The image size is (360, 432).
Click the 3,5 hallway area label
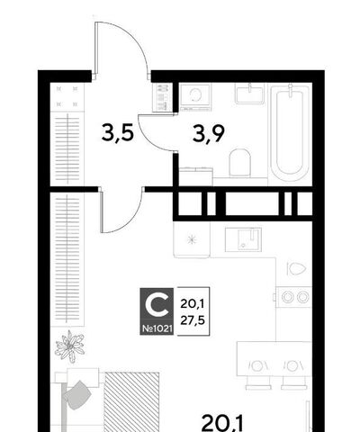(x=118, y=133)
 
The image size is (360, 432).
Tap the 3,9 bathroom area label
(x=209, y=134)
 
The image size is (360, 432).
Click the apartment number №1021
(x=157, y=329)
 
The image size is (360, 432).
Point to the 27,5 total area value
(x=193, y=320)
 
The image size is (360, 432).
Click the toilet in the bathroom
(x=239, y=162)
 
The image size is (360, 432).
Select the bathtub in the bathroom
(x=290, y=132)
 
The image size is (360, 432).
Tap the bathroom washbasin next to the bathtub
(x=249, y=94)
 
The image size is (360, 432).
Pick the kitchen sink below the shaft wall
(x=243, y=239)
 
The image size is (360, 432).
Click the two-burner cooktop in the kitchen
(x=294, y=297)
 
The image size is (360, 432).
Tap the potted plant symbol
(x=69, y=346)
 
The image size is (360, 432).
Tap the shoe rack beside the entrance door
(x=162, y=97)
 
